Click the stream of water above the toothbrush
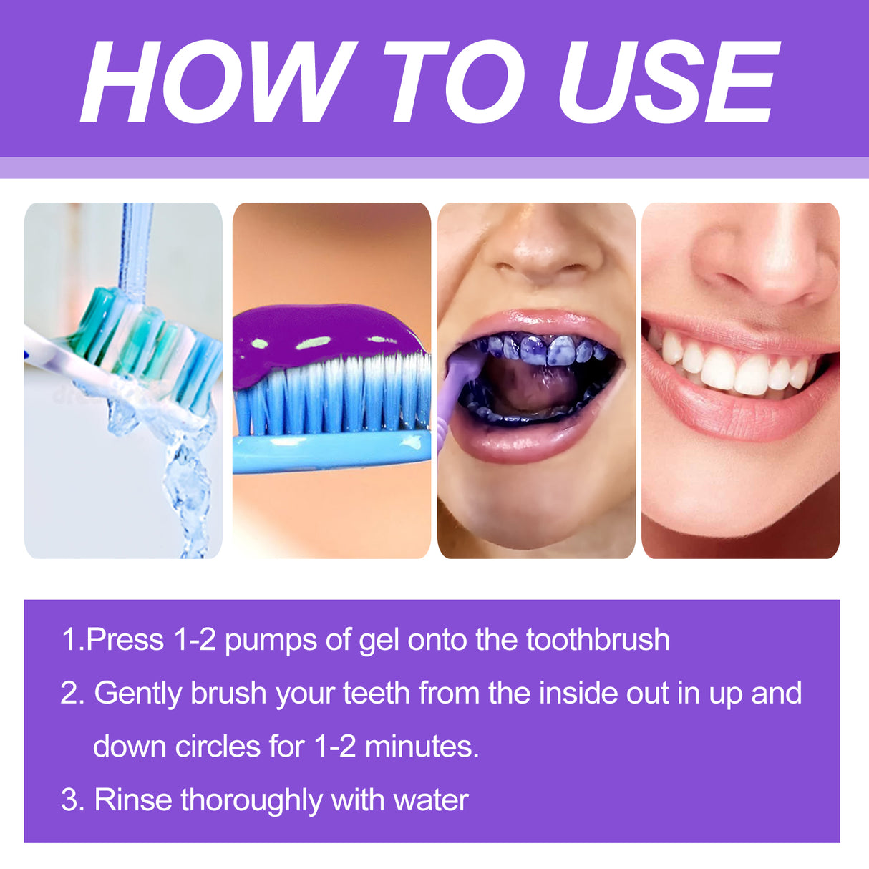(x=135, y=243)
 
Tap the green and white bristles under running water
(x=143, y=336)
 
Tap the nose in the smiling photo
(x=759, y=265)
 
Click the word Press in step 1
(x=125, y=640)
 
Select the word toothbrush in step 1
(x=598, y=640)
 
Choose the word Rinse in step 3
(x=132, y=800)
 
